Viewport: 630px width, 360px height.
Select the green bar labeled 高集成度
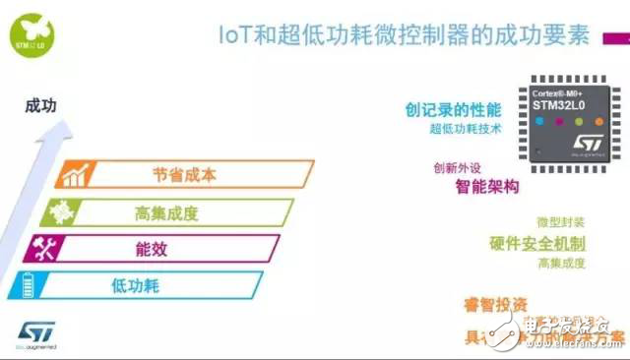pos(167,212)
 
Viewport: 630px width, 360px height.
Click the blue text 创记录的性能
pos(453,108)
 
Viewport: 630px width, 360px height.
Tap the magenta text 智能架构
pos(486,185)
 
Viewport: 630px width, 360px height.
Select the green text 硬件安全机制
pos(537,242)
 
